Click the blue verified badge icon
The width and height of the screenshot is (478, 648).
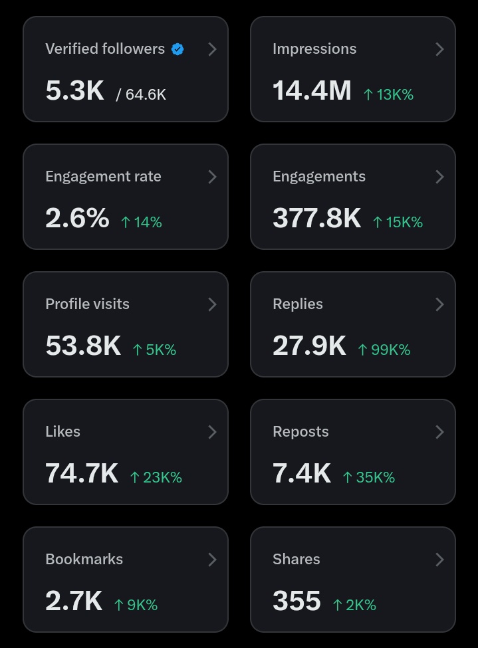click(178, 49)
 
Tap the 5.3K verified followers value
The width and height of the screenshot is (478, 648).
click(74, 90)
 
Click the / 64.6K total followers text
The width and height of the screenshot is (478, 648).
click(141, 94)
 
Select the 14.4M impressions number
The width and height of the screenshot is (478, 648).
click(311, 90)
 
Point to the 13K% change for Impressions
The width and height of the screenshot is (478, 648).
click(389, 94)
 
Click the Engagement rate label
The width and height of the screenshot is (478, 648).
click(103, 177)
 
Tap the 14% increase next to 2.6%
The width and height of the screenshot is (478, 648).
click(142, 222)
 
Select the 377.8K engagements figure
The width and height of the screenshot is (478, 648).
click(316, 218)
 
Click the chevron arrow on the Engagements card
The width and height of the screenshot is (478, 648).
click(439, 177)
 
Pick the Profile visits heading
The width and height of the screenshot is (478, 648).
click(87, 304)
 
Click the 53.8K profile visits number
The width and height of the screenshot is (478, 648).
click(83, 346)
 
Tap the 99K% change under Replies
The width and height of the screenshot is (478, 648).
click(384, 350)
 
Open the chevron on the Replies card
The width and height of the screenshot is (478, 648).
click(439, 304)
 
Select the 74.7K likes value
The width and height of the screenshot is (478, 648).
click(81, 473)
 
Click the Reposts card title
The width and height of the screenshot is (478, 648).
click(300, 432)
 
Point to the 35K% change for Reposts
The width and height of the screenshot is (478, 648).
click(369, 477)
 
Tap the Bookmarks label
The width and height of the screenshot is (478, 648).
click(84, 560)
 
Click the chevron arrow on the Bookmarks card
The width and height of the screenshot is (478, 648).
click(212, 560)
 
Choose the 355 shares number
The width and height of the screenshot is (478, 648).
click(297, 601)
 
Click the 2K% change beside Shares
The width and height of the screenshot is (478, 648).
click(354, 605)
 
